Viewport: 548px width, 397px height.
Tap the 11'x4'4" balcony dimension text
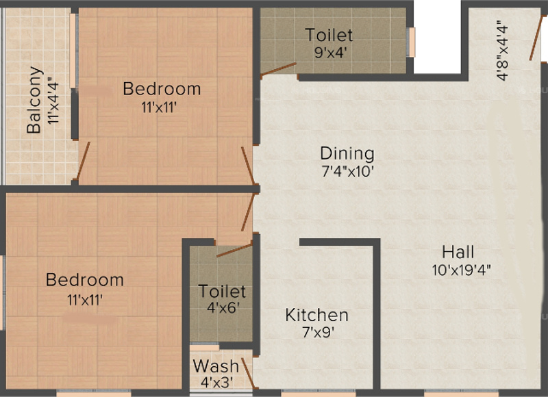[x=53, y=100]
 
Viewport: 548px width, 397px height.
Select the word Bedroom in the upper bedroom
[x=162, y=88]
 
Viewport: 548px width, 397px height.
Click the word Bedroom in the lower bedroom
[x=85, y=280]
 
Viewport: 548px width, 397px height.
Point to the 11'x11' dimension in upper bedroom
[x=162, y=107]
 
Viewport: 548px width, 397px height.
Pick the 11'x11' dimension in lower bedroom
[x=85, y=298]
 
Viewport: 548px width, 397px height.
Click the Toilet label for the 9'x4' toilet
[x=329, y=35]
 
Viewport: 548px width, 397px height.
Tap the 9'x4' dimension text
[x=329, y=53]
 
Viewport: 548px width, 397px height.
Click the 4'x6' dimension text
[x=222, y=309]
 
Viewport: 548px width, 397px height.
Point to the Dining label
[x=347, y=153]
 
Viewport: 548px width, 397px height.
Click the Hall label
[x=458, y=251]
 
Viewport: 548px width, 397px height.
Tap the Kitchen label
[x=316, y=316]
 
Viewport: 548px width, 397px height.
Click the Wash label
[x=216, y=366]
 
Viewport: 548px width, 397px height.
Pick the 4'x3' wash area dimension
[x=216, y=383]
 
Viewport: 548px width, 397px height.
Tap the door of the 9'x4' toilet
[x=277, y=68]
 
